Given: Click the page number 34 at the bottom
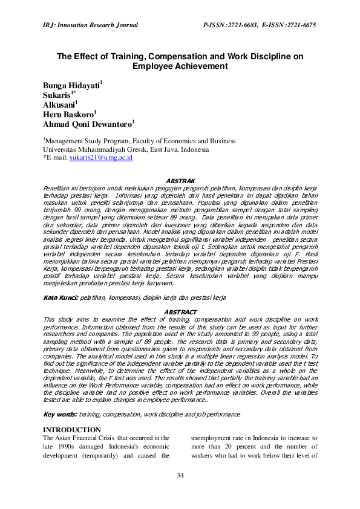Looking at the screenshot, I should pos(180,475).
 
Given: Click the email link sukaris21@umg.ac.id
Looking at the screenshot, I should pos(101,157).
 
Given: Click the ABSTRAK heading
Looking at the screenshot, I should pos(180,180).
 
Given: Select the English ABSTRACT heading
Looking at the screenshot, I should pos(180,312).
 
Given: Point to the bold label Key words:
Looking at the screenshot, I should pos(59,414).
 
